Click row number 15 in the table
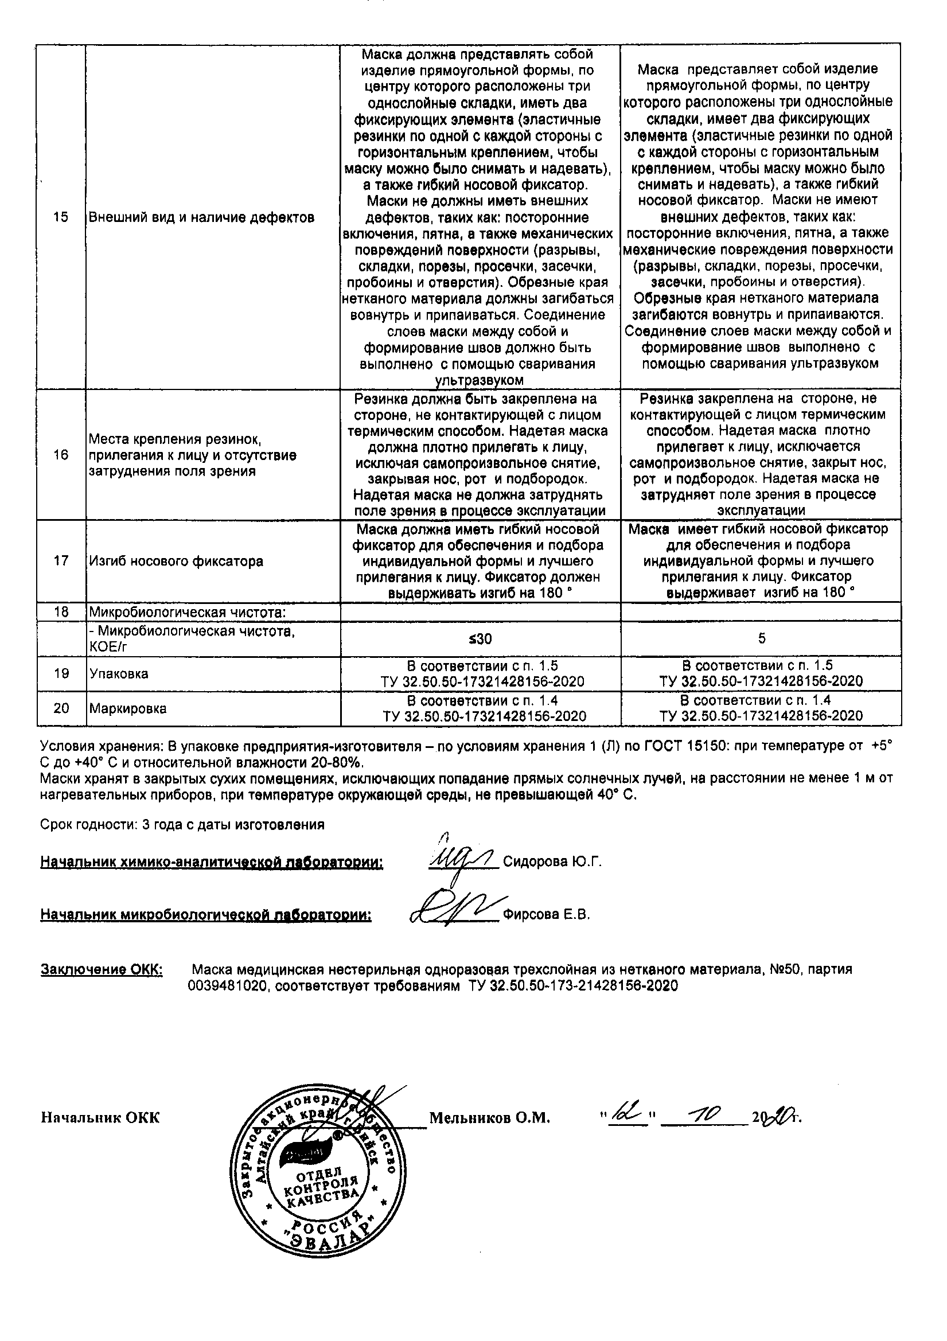click(x=61, y=217)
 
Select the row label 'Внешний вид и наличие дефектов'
click(x=201, y=217)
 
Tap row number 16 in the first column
click(x=61, y=455)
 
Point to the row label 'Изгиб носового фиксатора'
click(x=176, y=562)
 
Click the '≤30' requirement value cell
click(x=480, y=639)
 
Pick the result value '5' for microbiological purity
click(x=761, y=638)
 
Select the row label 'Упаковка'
click(x=119, y=673)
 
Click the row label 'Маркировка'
click(x=127, y=708)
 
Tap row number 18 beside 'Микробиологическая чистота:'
click(x=61, y=612)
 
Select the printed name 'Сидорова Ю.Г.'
click(x=551, y=861)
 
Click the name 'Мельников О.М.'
click(x=490, y=1118)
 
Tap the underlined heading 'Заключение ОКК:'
click(x=102, y=969)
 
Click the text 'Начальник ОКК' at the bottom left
click(x=100, y=1118)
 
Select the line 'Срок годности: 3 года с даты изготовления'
click(x=182, y=825)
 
